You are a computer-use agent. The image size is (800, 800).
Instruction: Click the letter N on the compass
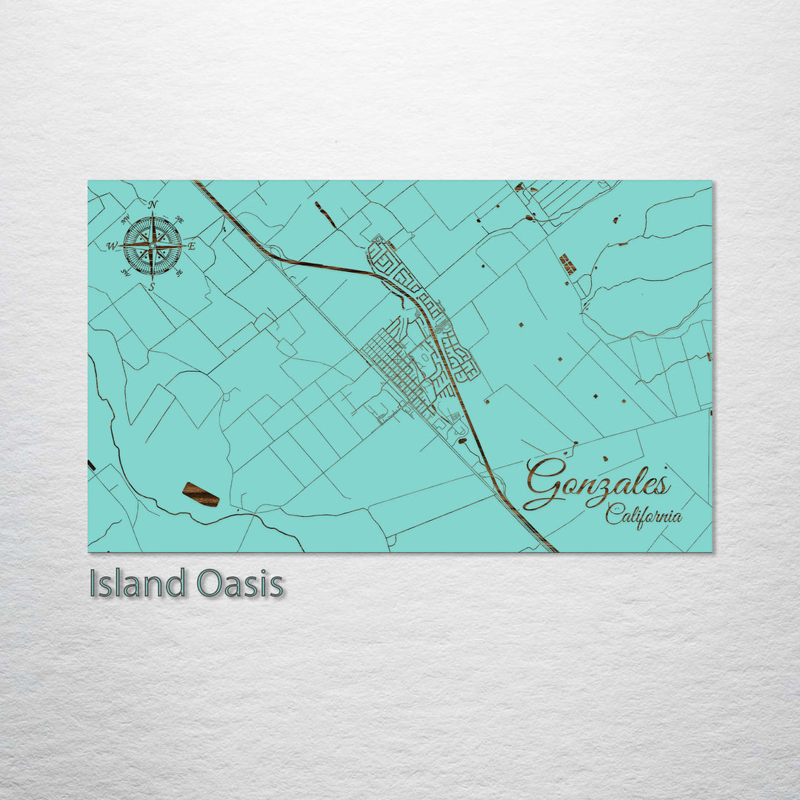pyautogui.click(x=153, y=205)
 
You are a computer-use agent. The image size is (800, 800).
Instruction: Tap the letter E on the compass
pyautogui.click(x=191, y=246)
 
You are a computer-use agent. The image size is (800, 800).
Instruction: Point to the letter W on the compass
pyautogui.click(x=112, y=246)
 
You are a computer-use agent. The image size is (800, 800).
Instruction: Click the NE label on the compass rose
pyautogui.click(x=179, y=219)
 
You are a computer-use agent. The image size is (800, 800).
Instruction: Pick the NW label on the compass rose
pyautogui.click(x=125, y=219)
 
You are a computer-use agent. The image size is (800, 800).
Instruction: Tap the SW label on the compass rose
pyautogui.click(x=125, y=273)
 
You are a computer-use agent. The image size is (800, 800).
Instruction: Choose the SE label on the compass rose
pyautogui.click(x=179, y=273)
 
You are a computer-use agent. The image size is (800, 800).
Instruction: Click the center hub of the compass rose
pyautogui.click(x=152, y=245)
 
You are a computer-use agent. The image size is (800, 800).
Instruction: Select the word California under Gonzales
pyautogui.click(x=643, y=515)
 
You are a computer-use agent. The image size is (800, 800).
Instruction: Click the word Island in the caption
pyautogui.click(x=136, y=584)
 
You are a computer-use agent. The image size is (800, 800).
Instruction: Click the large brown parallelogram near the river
pyautogui.click(x=201, y=494)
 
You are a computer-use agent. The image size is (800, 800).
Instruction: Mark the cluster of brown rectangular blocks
pyautogui.click(x=567, y=264)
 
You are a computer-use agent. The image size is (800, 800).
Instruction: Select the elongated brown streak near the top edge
pyautogui.click(x=324, y=214)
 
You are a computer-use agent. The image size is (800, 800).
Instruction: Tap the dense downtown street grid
pyautogui.click(x=393, y=367)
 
